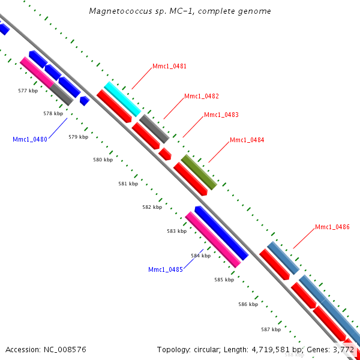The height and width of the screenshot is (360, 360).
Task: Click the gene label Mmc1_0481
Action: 169,67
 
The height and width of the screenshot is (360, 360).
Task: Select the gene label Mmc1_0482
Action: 201,96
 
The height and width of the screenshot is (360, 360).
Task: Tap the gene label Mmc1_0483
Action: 221,115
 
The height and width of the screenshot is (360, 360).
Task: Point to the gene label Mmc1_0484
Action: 247,140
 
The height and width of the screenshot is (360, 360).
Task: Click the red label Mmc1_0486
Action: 332,227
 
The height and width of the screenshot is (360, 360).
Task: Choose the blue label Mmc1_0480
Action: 30,139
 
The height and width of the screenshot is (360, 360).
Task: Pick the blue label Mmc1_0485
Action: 166,269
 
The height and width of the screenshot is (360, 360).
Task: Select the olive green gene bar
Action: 199,172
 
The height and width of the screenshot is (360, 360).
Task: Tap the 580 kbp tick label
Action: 103,160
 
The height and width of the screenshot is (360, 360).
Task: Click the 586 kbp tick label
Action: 248,304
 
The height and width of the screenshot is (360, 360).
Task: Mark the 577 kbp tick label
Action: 28,91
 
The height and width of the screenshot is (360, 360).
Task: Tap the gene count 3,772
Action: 343,349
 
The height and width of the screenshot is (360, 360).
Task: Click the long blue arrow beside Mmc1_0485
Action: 221,233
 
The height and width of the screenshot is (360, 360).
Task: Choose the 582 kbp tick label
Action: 152,207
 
